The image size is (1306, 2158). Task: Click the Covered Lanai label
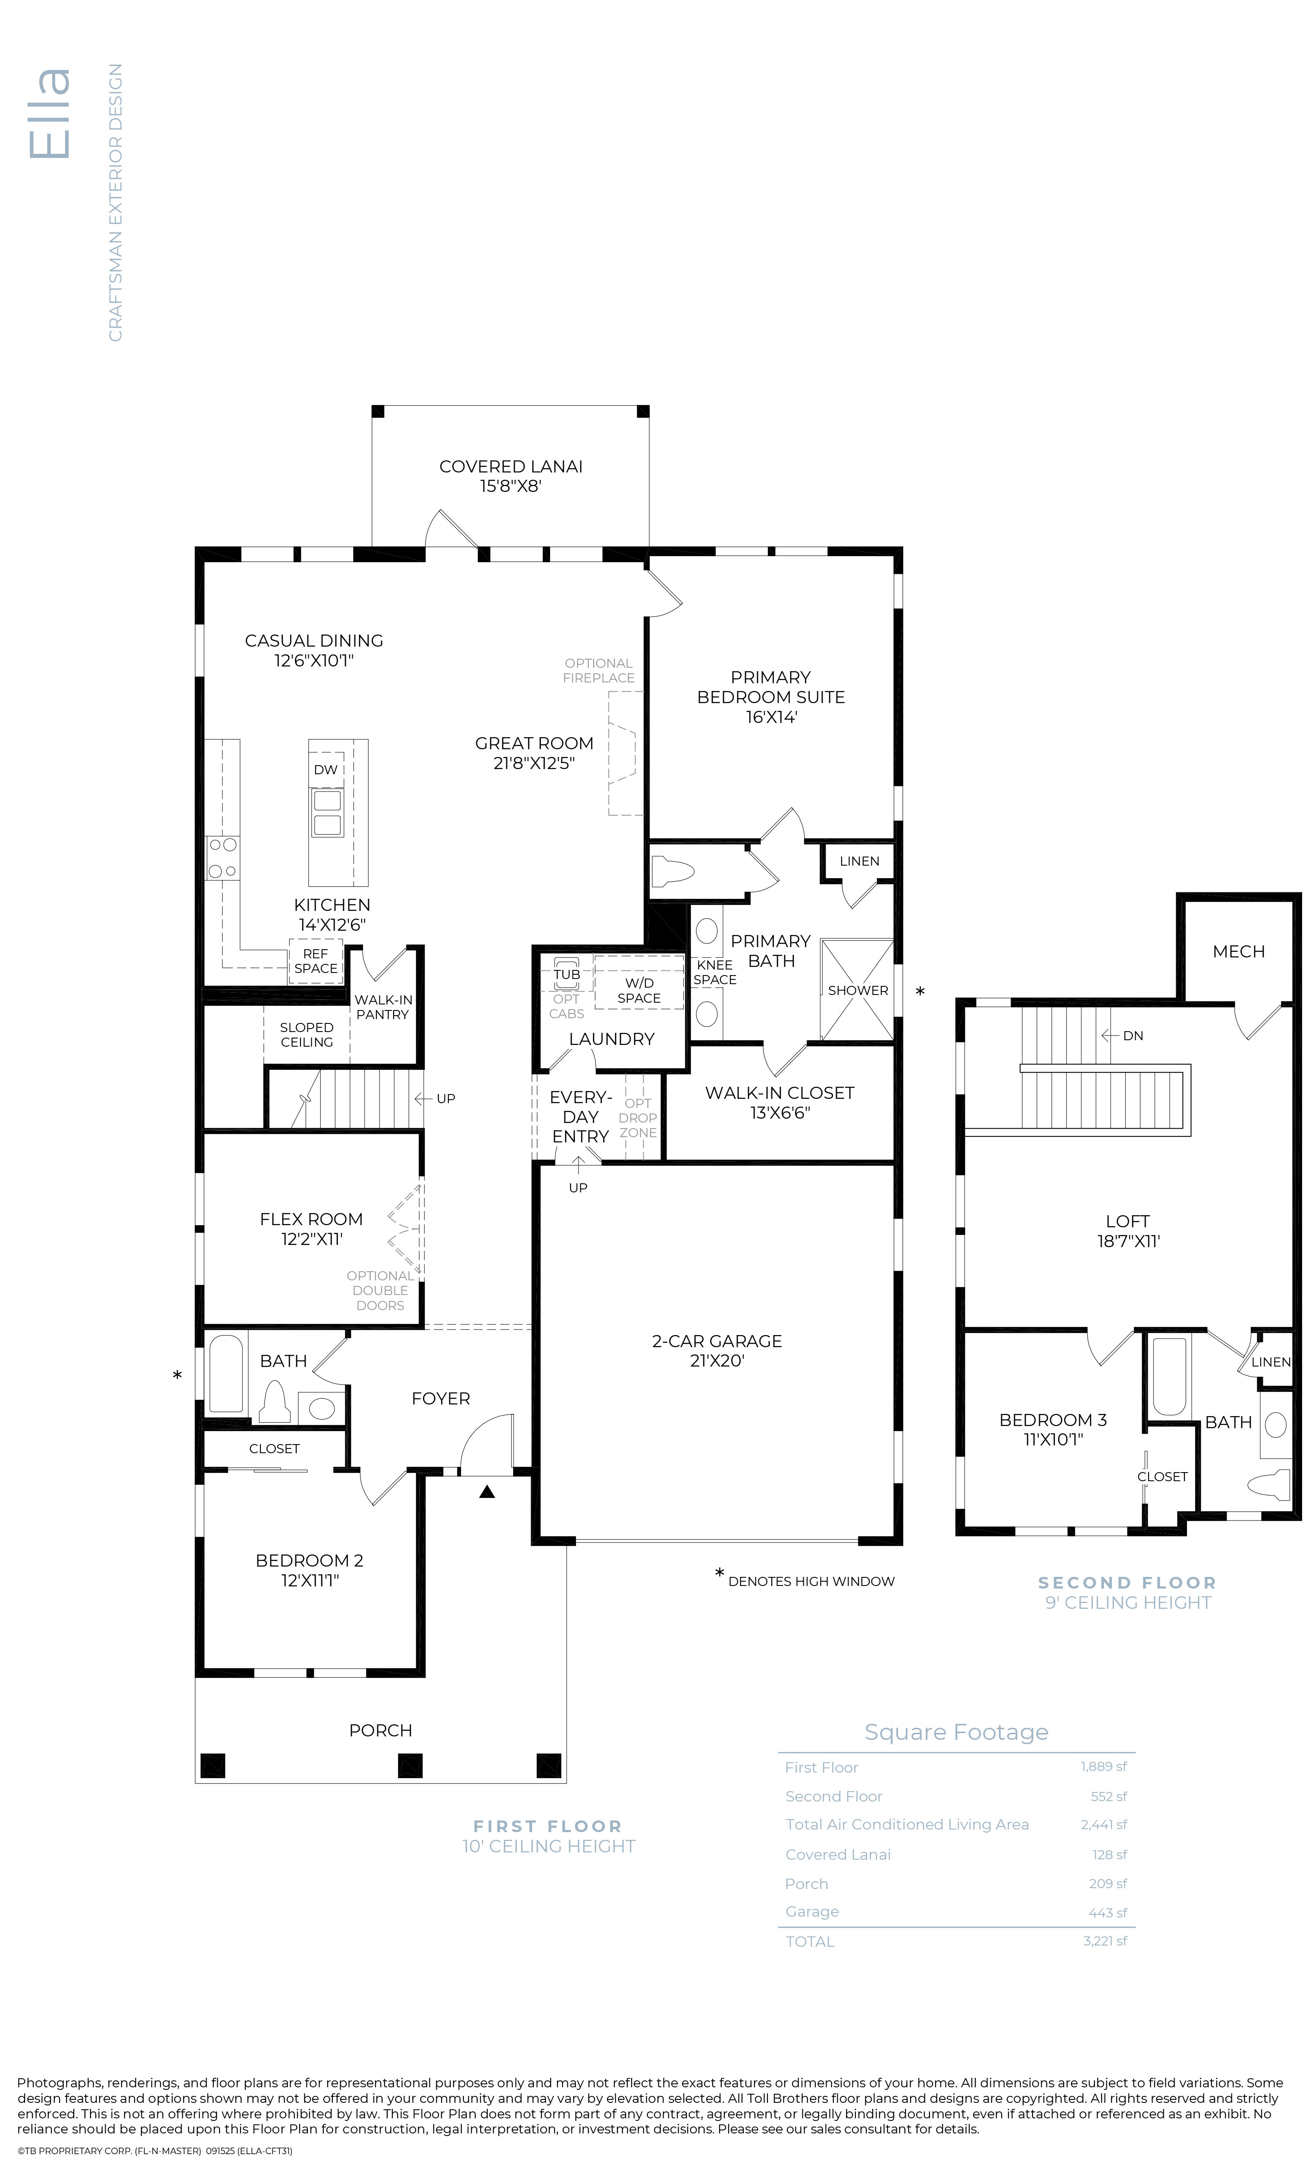510,467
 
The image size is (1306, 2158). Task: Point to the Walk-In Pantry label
383,1007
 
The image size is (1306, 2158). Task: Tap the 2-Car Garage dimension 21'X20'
717,1361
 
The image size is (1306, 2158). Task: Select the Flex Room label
311,1219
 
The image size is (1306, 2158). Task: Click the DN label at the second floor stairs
1134,1035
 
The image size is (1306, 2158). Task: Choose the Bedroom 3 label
1053,1420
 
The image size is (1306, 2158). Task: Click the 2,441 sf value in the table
1104,1824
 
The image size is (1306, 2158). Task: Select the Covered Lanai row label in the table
837,1854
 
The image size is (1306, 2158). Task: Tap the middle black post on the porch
410,1765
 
